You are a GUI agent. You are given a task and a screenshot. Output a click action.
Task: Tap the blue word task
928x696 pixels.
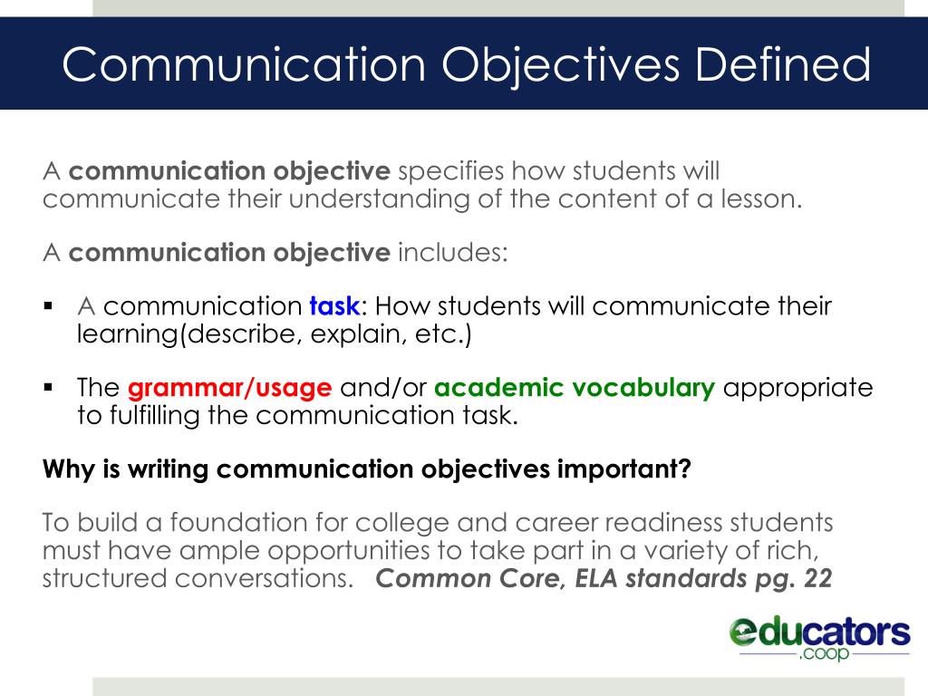[335, 306]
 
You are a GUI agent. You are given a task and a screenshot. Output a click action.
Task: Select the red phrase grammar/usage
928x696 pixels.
[230, 389]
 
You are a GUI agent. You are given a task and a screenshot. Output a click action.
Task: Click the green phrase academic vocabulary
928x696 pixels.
[575, 389]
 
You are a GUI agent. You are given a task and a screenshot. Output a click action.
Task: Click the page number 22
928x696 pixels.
[817, 580]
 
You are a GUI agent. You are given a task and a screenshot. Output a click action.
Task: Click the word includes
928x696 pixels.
[453, 253]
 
